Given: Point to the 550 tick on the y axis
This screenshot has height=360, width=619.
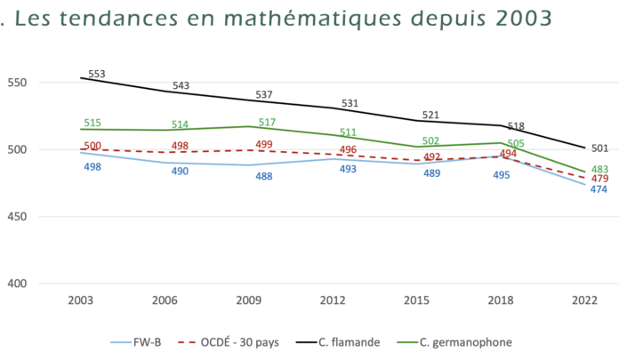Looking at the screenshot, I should (x=20, y=83).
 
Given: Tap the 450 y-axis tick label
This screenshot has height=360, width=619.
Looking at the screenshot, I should (x=20, y=217).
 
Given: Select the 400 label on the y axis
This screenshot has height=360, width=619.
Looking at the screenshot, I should (x=20, y=284).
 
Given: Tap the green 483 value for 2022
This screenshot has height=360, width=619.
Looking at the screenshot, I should (x=600, y=170).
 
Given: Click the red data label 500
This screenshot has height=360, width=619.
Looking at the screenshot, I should (x=92, y=146).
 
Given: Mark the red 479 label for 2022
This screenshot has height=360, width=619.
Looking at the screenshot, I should (x=600, y=180).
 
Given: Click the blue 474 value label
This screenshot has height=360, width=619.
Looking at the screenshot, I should (x=599, y=190).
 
